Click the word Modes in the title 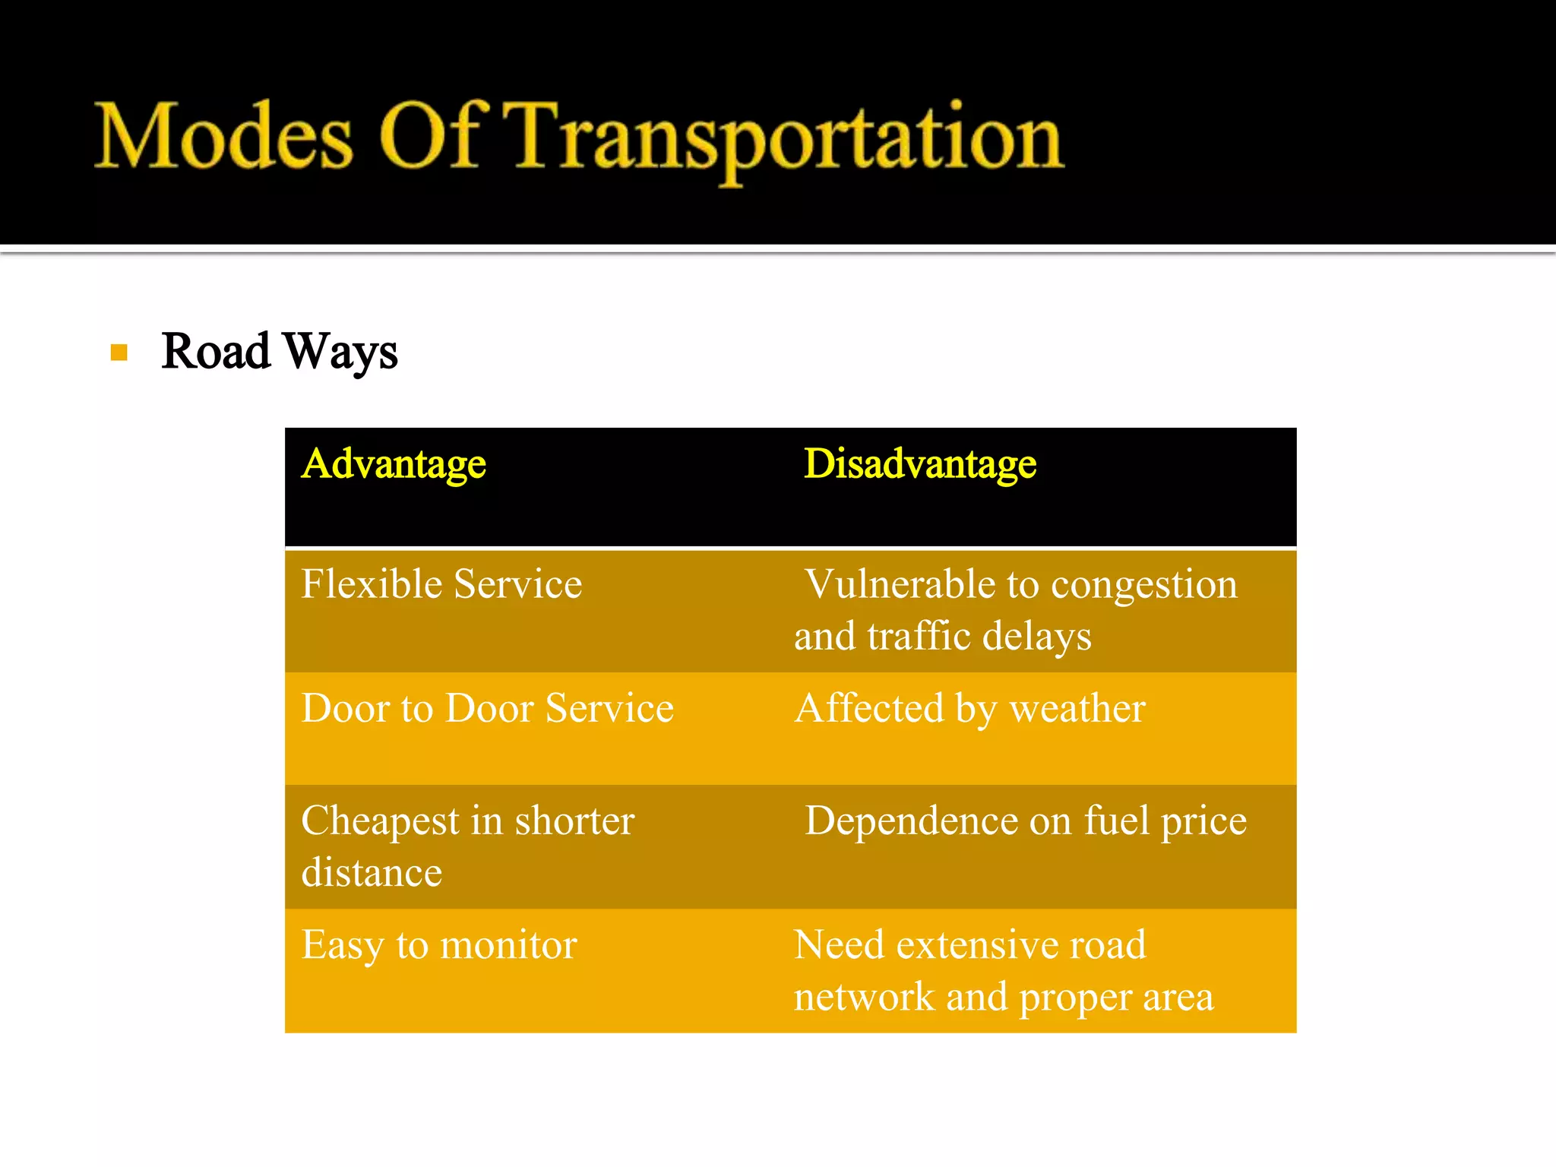223,137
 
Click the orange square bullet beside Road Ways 119,353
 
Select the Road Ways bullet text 279,352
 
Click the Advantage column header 394,463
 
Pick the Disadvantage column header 919,463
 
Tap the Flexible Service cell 441,584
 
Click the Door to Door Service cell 487,708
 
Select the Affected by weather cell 969,708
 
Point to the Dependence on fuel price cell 1026,821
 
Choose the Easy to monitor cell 439,945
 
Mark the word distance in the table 372,872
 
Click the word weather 1077,708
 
